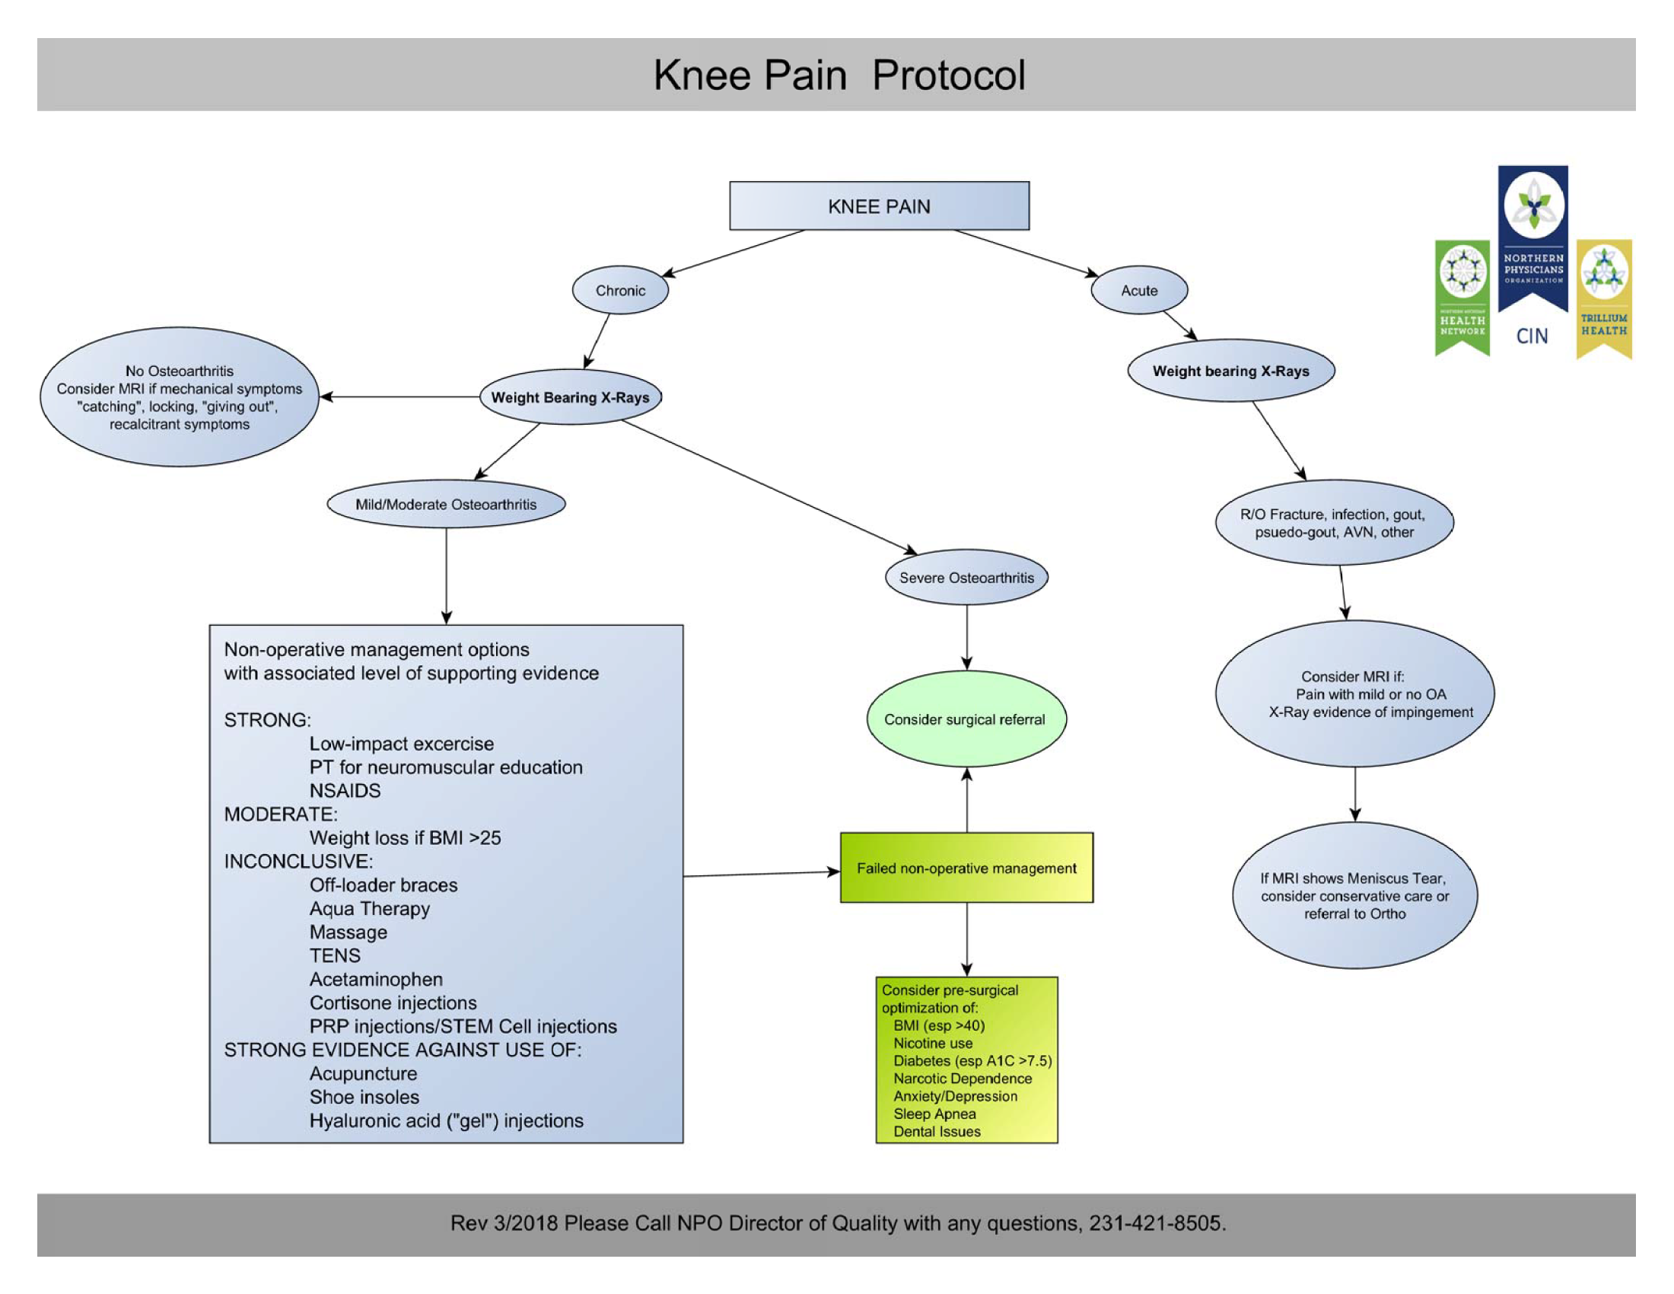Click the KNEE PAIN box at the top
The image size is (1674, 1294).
coord(878,206)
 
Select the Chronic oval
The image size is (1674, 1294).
coord(620,291)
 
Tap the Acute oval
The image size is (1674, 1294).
coord(1138,291)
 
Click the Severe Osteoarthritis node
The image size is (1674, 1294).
coord(966,578)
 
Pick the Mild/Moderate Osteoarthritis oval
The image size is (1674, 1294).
coord(445,505)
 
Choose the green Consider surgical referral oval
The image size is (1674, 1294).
coord(965,719)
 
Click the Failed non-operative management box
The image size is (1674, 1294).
coord(966,868)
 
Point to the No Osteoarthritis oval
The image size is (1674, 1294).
coord(180,397)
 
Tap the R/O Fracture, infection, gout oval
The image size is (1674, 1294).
coord(1334,523)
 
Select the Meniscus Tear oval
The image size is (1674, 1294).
coord(1354,895)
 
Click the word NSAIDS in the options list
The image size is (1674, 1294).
coord(345,790)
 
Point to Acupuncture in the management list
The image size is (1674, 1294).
coord(363,1073)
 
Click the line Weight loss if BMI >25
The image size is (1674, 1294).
coord(405,838)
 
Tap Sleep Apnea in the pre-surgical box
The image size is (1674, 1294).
coord(934,1114)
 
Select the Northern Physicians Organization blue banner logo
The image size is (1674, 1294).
coord(1533,237)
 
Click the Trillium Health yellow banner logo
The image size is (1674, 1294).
coord(1603,299)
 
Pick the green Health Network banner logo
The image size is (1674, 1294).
coord(1462,298)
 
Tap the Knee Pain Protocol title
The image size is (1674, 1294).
coord(839,75)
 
